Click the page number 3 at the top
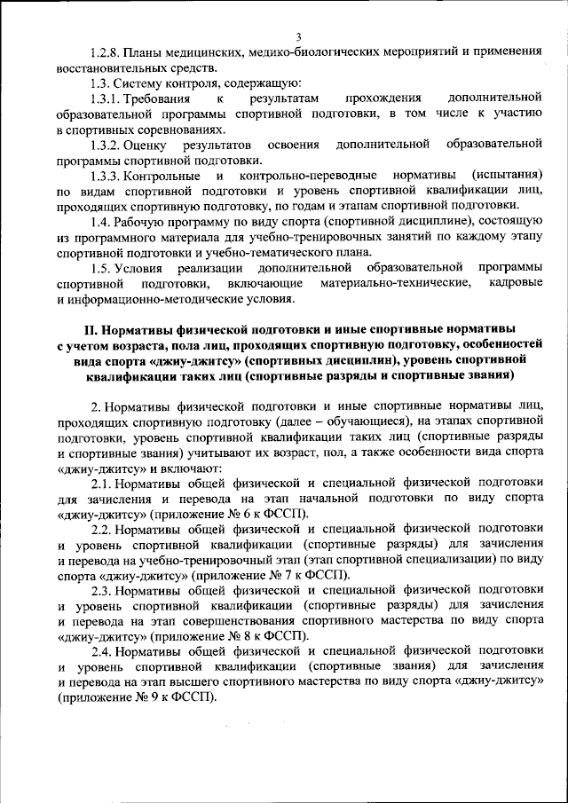(298, 36)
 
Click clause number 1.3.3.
(108, 175)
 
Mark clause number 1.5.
(103, 267)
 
